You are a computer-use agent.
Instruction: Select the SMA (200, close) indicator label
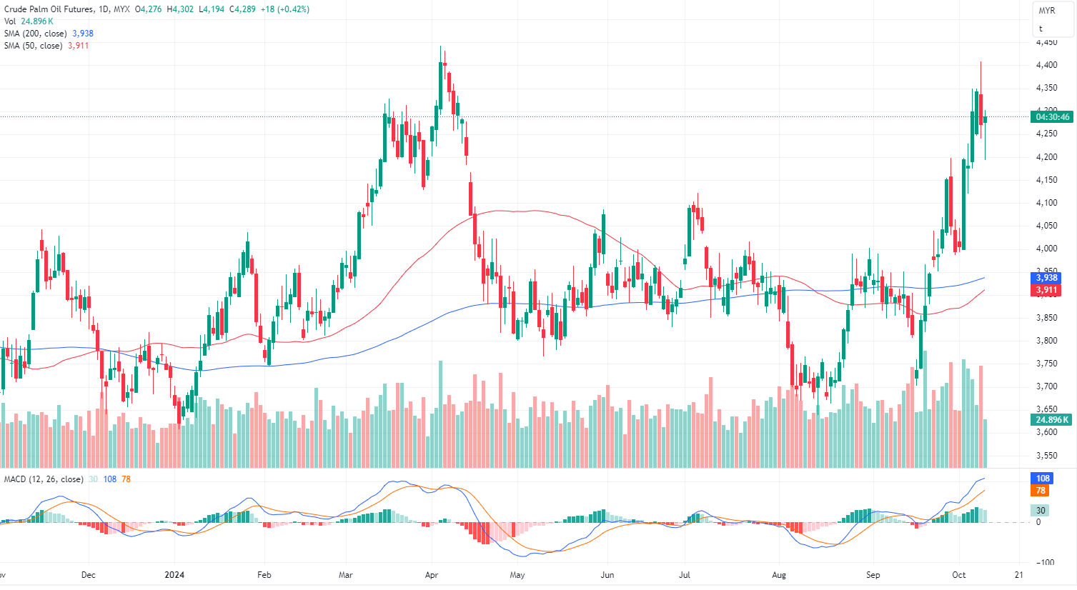[36, 34]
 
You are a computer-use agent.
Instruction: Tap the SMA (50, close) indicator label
[34, 46]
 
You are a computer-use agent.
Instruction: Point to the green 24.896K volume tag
[1052, 420]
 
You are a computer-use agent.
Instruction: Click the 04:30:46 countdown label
[1053, 117]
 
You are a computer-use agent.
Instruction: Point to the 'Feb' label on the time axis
[264, 575]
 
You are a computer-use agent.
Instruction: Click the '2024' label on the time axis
[174, 575]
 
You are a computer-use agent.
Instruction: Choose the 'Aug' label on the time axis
[779, 575]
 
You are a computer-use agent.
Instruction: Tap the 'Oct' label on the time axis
[959, 575]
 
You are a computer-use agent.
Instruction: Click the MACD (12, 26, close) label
[44, 479]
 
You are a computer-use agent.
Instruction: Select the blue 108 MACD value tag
[1043, 479]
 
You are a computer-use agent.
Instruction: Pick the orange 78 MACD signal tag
[1041, 491]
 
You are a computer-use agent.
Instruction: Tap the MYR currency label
[1046, 11]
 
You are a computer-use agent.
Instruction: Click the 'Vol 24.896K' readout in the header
[29, 21]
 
